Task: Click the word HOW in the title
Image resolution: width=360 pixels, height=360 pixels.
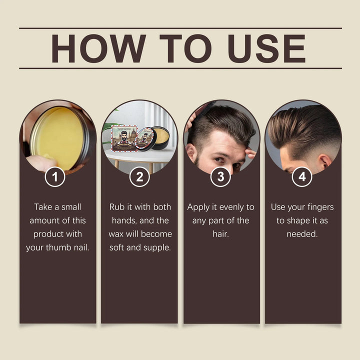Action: click(92, 48)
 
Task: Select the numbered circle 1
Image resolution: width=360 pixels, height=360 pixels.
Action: click(55, 176)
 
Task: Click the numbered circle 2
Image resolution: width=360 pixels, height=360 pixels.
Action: click(139, 176)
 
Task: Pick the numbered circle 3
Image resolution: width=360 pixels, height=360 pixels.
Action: click(220, 176)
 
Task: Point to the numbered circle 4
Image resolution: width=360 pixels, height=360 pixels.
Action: click(302, 176)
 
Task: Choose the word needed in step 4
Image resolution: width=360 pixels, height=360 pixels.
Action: click(302, 234)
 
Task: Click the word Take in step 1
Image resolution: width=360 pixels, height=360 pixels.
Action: click(43, 207)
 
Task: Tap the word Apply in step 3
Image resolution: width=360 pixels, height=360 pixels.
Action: click(198, 207)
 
